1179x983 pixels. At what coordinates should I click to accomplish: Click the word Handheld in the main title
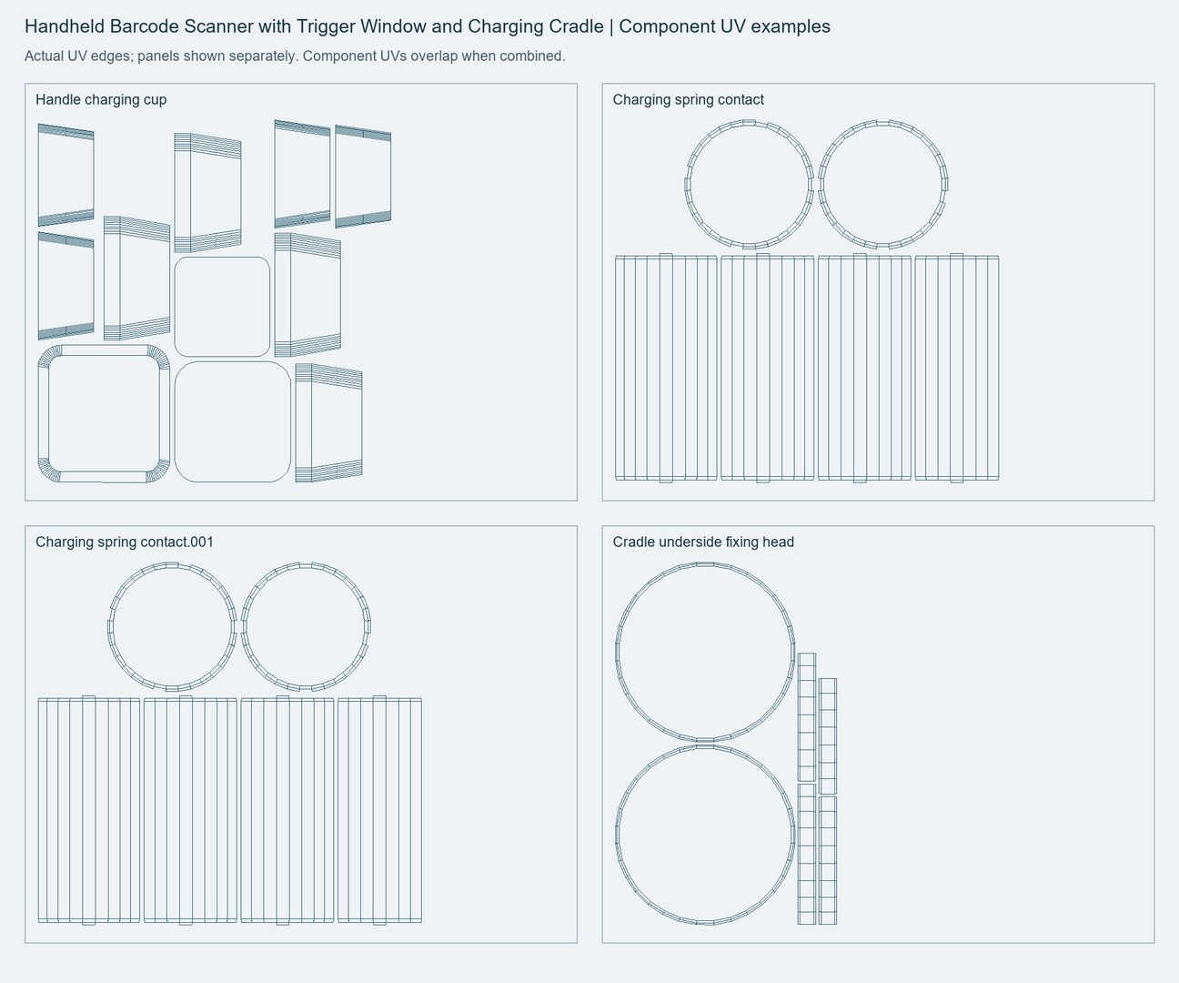click(x=65, y=26)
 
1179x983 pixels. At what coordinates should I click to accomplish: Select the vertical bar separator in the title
click(x=611, y=27)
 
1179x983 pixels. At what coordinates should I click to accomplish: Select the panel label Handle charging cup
click(x=101, y=99)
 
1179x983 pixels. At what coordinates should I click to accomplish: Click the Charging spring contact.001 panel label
click(x=125, y=542)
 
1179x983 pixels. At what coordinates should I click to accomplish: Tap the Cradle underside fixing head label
click(x=703, y=542)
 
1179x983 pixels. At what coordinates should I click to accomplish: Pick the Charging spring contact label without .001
click(x=688, y=99)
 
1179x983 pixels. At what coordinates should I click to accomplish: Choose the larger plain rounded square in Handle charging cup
click(x=233, y=362)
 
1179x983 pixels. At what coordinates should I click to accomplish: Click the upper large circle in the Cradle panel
click(x=705, y=563)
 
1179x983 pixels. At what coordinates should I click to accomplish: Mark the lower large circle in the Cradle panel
click(x=705, y=746)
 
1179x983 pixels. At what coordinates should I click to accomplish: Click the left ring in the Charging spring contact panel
click(x=749, y=121)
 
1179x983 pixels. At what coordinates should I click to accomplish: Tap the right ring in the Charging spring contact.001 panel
click(x=306, y=563)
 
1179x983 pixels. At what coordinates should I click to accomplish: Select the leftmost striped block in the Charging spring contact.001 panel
click(x=88, y=810)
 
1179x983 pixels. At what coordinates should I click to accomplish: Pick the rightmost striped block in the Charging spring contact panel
click(x=956, y=368)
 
